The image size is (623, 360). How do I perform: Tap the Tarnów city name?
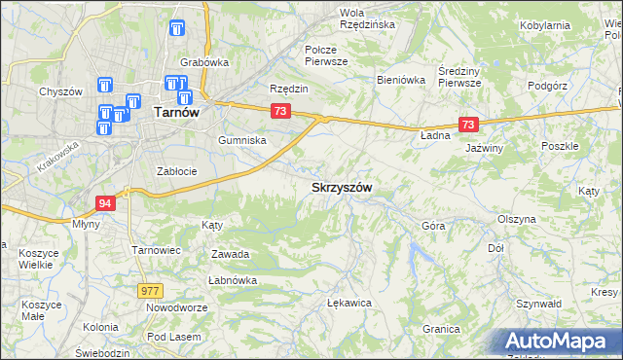(177, 113)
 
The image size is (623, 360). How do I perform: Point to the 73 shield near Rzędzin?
(280, 112)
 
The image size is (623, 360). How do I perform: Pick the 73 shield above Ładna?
(469, 125)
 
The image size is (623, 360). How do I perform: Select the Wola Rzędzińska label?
(365, 18)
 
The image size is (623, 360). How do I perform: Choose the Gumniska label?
(242, 140)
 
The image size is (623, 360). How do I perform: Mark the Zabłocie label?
(177, 171)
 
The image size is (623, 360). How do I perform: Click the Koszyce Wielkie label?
(38, 258)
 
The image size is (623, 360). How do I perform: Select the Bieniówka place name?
(401, 81)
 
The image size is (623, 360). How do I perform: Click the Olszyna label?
(516, 219)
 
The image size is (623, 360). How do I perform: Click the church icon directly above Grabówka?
(176, 31)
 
